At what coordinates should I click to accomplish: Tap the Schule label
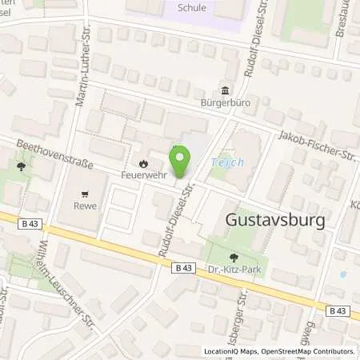pos(192,8)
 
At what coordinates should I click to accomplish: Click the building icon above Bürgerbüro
pos(226,90)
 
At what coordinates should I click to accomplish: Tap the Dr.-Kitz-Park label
pos(235,271)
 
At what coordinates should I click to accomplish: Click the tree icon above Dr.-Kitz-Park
pos(234,258)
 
